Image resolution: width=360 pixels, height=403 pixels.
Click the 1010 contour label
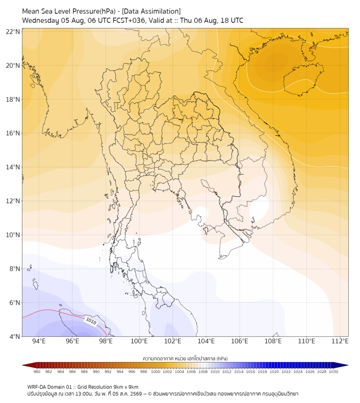point(91,321)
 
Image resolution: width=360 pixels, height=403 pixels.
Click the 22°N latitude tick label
point(13,31)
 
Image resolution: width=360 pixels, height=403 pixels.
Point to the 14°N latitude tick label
point(13,167)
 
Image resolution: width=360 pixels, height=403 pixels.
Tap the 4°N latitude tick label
point(14,336)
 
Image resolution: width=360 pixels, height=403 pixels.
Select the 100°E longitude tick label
point(139,341)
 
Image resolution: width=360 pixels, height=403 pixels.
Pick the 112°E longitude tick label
point(340,341)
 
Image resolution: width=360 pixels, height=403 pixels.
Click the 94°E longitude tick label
point(39,341)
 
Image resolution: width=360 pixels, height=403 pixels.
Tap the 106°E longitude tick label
point(240,341)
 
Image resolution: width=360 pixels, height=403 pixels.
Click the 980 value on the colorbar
point(37,372)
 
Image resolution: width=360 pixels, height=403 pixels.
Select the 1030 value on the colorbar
point(333,372)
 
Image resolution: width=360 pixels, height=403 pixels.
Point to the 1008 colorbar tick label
point(203,372)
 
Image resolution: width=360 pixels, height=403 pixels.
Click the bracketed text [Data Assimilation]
point(151,11)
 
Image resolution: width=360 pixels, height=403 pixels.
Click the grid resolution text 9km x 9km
point(126,387)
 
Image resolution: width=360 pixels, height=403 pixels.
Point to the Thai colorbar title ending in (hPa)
point(185,358)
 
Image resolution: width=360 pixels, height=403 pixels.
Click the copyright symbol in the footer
point(150,394)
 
